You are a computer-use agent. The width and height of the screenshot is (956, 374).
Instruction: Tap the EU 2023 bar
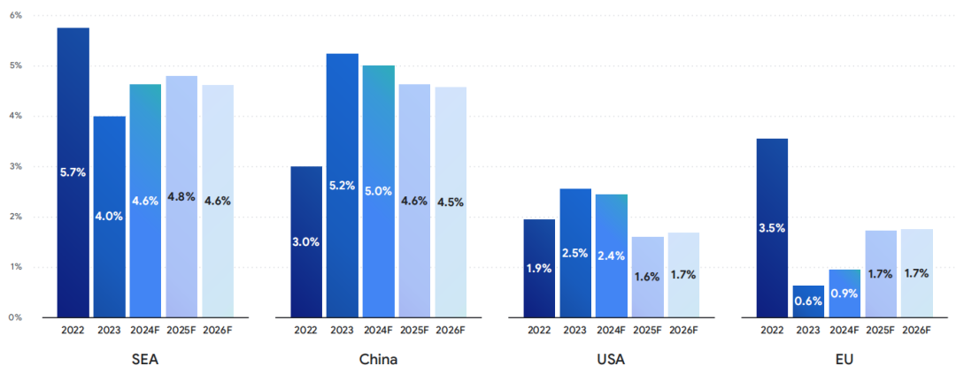click(x=807, y=301)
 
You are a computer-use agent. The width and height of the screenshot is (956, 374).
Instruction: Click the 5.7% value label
click(x=73, y=172)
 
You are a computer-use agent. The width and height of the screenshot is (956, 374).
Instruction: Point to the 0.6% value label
click(x=807, y=301)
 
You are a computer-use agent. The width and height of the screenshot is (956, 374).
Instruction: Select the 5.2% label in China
click(x=342, y=186)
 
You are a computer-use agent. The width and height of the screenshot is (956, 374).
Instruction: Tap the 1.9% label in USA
click(x=538, y=268)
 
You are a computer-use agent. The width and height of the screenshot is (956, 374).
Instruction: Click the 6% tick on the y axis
click(x=17, y=16)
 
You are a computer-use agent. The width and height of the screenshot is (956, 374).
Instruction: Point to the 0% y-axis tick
click(x=17, y=317)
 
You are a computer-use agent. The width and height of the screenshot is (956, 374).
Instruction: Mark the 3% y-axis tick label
click(x=17, y=166)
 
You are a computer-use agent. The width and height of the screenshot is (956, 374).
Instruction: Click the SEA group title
click(x=145, y=360)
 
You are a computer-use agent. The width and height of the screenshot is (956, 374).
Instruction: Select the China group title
click(x=378, y=360)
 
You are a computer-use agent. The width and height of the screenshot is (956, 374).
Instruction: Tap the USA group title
click(x=611, y=360)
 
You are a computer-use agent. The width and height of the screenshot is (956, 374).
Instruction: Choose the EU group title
click(x=844, y=360)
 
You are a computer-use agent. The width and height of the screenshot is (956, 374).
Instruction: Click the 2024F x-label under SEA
click(x=145, y=331)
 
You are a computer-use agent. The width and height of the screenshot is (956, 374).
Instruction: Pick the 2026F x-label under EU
click(x=916, y=331)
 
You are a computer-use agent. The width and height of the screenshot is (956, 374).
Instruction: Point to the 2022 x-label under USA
click(x=538, y=331)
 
